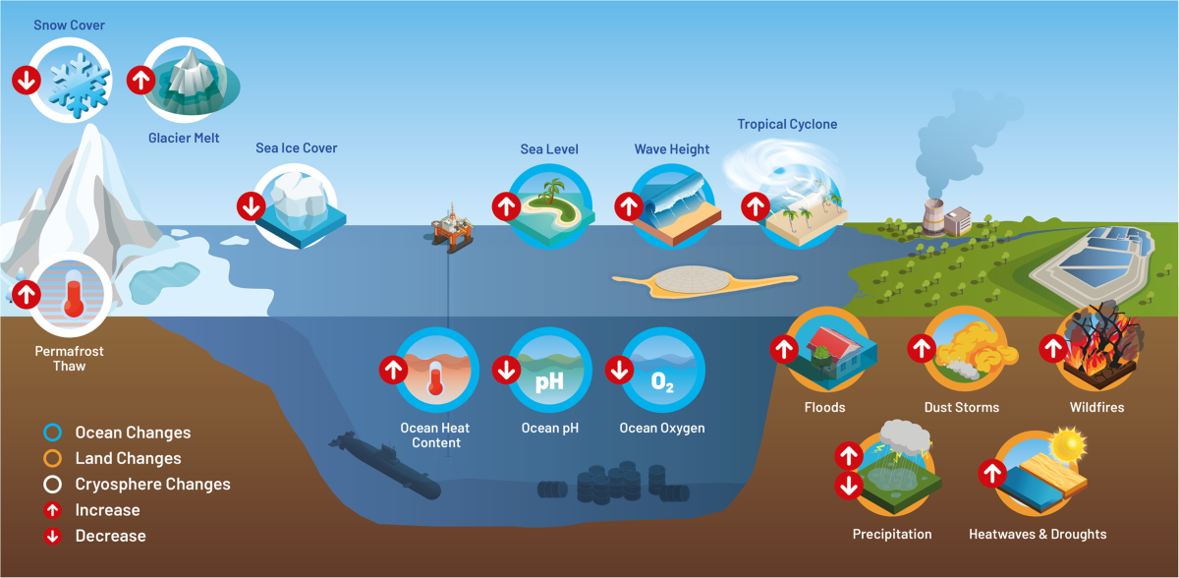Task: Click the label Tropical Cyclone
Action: pos(787,125)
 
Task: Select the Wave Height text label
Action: pos(671,149)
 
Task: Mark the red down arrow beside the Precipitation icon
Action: pos(848,486)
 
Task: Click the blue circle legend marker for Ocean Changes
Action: pos(53,433)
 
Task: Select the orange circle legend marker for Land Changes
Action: pos(53,458)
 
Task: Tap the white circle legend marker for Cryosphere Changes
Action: pos(53,484)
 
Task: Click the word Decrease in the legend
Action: pos(110,536)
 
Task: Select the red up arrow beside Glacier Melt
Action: pos(140,79)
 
